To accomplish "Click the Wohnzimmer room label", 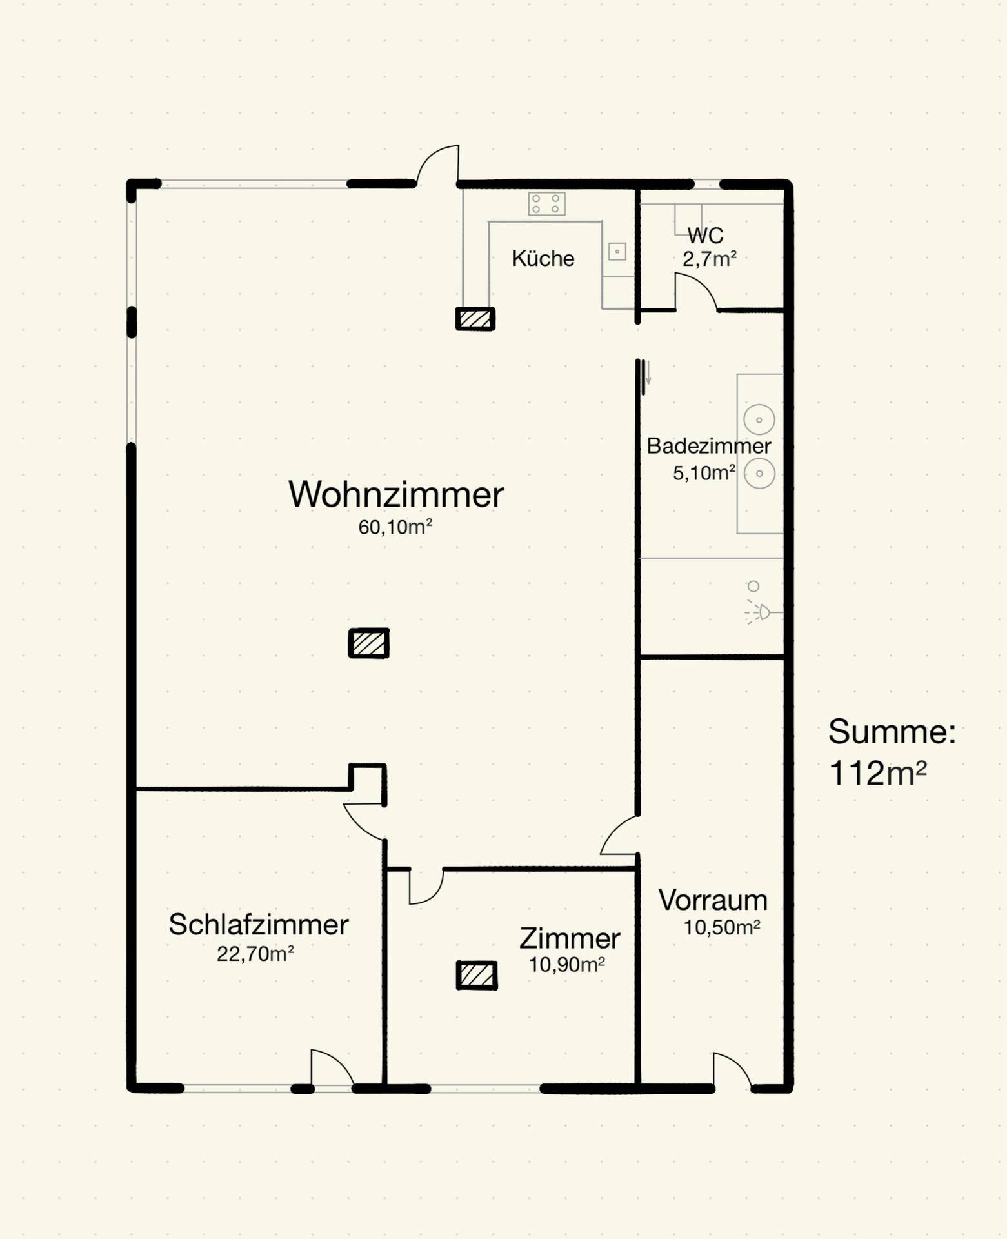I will pyautogui.click(x=395, y=495).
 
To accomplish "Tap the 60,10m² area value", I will pyautogui.click(x=395, y=527).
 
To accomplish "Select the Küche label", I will pyautogui.click(x=543, y=258).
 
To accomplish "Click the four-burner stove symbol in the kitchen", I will pyautogui.click(x=546, y=204).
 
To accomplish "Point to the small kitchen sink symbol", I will pyautogui.click(x=617, y=252).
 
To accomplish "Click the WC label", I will pyautogui.click(x=705, y=235).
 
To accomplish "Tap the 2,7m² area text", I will pyautogui.click(x=709, y=259).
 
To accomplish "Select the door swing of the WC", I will pyautogui.click(x=695, y=292).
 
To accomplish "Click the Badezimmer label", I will pyautogui.click(x=708, y=446).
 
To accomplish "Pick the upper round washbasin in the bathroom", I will pyautogui.click(x=759, y=419).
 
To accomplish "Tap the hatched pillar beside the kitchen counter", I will pyautogui.click(x=475, y=319).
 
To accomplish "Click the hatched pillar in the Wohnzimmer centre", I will pyautogui.click(x=368, y=643).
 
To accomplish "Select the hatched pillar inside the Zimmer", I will pyautogui.click(x=477, y=975).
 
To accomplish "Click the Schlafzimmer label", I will pyautogui.click(x=258, y=925).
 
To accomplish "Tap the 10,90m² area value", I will pyautogui.click(x=566, y=965).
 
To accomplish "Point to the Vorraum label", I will pyautogui.click(x=712, y=900).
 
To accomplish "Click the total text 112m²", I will pyautogui.click(x=877, y=772).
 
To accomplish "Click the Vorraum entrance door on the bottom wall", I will pyautogui.click(x=732, y=1071).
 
